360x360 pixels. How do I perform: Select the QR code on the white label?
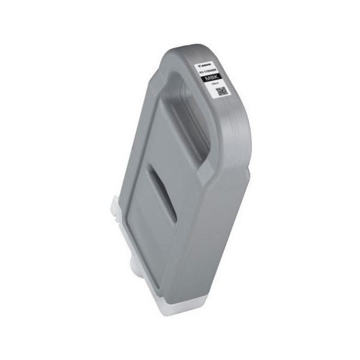(x=221, y=91)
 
